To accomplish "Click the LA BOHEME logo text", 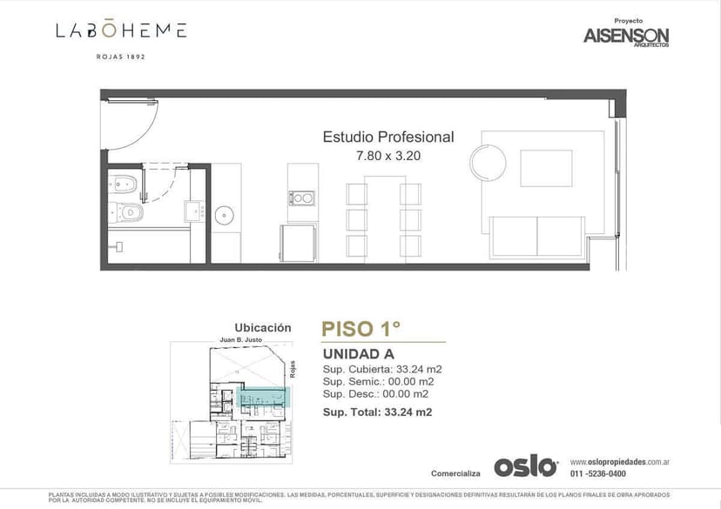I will (121, 30).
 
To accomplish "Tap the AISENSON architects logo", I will (625, 36).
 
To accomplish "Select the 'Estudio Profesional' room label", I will (388, 137).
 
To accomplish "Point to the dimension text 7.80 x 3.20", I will (388, 157).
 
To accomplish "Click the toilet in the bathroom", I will (123, 184).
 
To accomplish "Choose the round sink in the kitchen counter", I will (226, 214).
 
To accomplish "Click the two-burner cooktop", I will (302, 198).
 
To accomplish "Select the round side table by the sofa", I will (488, 162).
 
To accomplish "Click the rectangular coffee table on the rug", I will (546, 168).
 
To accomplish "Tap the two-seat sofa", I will (536, 237).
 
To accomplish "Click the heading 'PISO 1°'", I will (360, 329).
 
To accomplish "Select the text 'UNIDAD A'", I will (358, 354).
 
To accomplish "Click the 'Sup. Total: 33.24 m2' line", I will (377, 412).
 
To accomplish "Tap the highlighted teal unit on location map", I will (262, 399).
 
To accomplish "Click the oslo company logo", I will (525, 466).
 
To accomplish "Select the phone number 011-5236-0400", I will (597, 473).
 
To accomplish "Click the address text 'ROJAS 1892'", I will (120, 57).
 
